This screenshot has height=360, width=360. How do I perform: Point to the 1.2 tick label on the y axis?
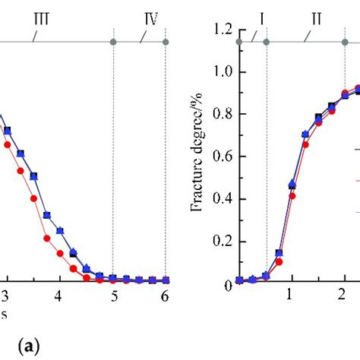(223, 30)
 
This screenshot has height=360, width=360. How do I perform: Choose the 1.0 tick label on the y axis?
(223, 72)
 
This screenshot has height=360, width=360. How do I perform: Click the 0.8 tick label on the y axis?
(223, 115)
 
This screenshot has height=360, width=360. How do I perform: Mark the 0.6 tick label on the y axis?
(223, 156)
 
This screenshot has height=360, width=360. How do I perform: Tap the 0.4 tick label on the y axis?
(223, 199)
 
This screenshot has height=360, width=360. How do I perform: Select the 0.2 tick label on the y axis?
(223, 242)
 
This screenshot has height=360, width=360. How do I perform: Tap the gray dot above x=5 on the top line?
(113, 41)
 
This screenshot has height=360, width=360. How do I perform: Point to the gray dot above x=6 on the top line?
(166, 41)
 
